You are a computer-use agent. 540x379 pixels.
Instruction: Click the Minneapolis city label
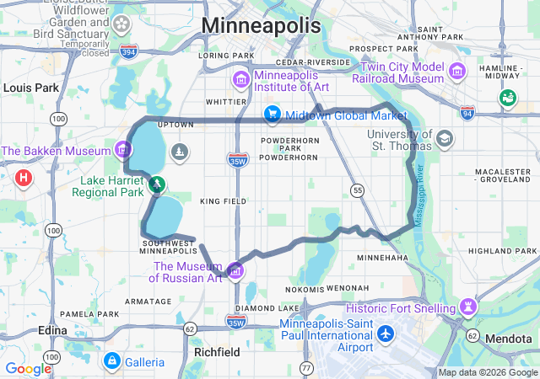(x=261, y=26)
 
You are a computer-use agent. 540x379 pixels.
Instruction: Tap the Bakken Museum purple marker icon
(x=123, y=151)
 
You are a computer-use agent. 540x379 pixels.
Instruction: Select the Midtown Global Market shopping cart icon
(x=272, y=114)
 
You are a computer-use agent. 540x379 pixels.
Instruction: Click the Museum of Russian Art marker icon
(x=235, y=270)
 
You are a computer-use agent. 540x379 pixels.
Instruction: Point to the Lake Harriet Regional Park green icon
(x=155, y=183)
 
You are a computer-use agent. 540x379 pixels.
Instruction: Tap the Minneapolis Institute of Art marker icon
(x=240, y=80)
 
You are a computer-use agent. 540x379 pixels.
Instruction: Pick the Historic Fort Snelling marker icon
(x=469, y=305)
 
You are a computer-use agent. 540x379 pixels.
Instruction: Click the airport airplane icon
(x=386, y=334)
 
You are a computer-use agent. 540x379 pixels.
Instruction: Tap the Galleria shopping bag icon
(x=111, y=361)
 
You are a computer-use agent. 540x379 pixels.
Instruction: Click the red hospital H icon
(x=24, y=178)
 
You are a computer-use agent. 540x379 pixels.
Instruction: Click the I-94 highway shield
(x=468, y=112)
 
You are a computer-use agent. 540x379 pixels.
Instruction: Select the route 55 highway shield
(x=359, y=191)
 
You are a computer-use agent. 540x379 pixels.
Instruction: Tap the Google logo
(x=28, y=368)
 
